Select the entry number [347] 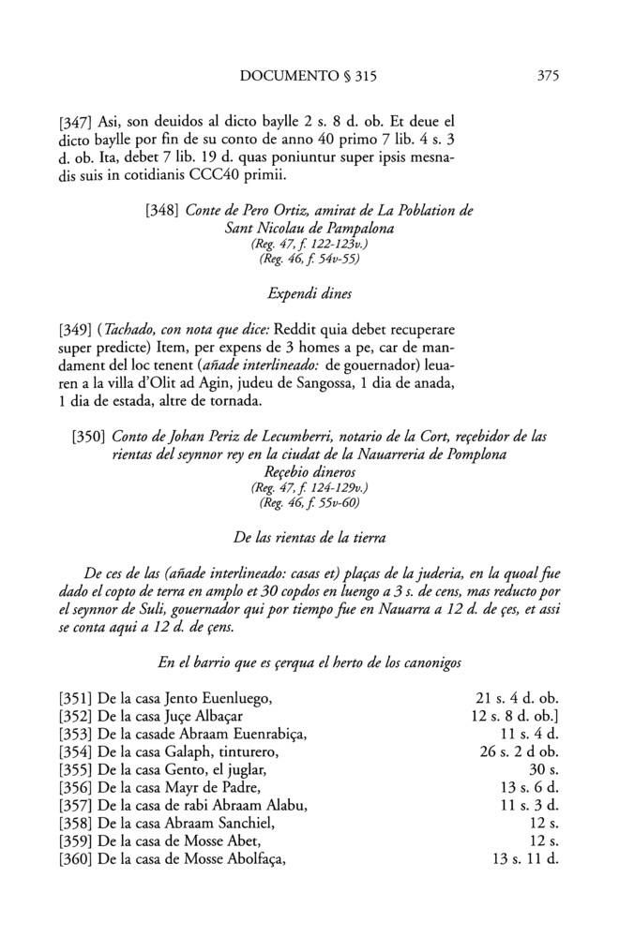76,122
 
